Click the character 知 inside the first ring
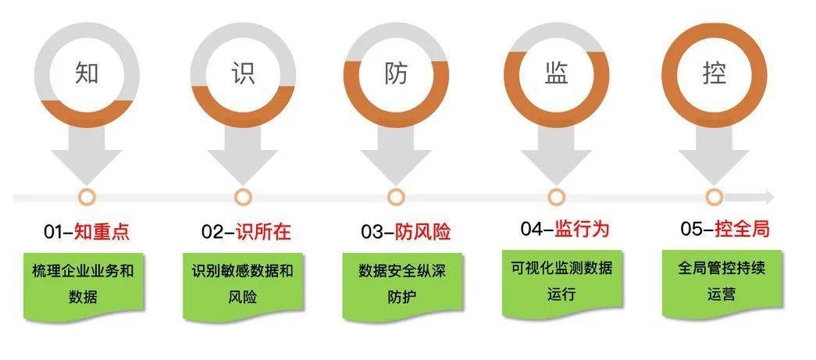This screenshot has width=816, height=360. pyautogui.click(x=87, y=73)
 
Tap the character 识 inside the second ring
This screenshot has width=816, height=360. pyautogui.click(x=243, y=73)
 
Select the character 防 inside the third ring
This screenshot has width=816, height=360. pyautogui.click(x=397, y=73)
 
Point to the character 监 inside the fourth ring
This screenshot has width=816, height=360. pyautogui.click(x=556, y=73)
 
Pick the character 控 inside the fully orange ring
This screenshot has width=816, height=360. pyautogui.click(x=714, y=73)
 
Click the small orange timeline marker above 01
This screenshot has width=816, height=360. pyautogui.click(x=87, y=197)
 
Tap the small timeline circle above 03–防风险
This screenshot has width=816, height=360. pyautogui.click(x=396, y=197)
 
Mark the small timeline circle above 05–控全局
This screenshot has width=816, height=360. pyautogui.click(x=714, y=197)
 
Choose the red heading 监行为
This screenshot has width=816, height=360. pyautogui.click(x=582, y=229)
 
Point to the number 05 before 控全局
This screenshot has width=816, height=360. pyautogui.click(x=691, y=230)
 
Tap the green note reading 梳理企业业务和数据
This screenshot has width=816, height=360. pyautogui.click(x=84, y=286)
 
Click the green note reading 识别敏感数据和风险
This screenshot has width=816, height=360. pyautogui.click(x=243, y=286)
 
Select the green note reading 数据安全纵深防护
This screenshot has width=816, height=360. pyautogui.click(x=402, y=286)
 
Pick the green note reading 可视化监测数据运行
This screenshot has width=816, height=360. pyautogui.click(x=562, y=283)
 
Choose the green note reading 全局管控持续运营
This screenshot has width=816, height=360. pyautogui.click(x=722, y=283)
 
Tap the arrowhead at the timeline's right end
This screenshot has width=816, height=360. pyautogui.click(x=770, y=197)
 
